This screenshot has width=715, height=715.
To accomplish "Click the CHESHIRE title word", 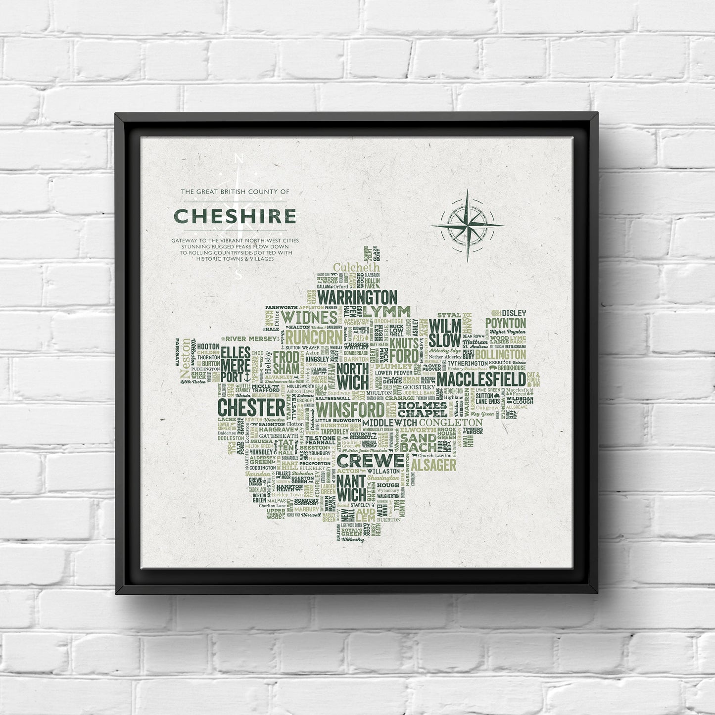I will (x=235, y=216).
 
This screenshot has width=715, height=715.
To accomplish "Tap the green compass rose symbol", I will (x=467, y=225).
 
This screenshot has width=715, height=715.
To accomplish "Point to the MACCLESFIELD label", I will (x=480, y=380).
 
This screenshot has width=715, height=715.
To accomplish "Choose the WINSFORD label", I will (x=350, y=410).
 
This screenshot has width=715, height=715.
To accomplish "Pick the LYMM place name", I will (x=386, y=312).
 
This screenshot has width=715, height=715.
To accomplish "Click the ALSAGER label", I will (x=433, y=465).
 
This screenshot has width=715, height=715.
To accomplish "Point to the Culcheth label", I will (x=356, y=268).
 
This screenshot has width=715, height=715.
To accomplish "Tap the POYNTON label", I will (x=505, y=323).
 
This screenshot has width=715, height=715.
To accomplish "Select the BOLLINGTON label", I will (x=500, y=355).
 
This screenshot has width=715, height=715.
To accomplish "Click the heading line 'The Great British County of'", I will (x=235, y=191).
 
